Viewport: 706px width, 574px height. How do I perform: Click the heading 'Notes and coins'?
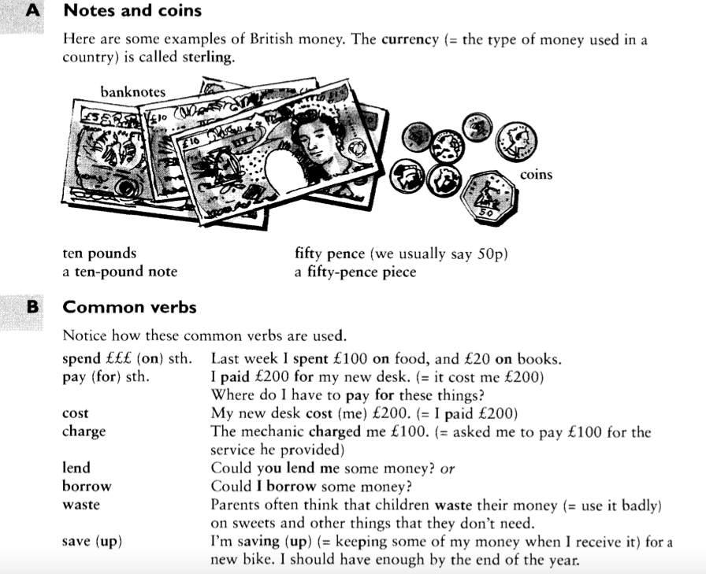tap(132, 11)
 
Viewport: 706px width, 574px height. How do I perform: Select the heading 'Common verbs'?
tap(129, 307)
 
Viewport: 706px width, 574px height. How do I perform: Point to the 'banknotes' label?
tap(132, 92)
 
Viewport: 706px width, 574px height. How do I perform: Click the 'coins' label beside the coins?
tap(536, 175)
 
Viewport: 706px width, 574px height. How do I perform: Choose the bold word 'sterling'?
tap(207, 58)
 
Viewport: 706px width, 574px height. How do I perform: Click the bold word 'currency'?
tap(409, 40)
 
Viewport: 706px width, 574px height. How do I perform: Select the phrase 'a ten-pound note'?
tap(120, 272)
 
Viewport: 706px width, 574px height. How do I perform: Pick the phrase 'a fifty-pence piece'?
tap(355, 272)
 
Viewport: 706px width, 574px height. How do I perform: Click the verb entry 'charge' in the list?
tap(84, 431)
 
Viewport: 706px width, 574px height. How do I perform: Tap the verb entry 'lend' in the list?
tap(76, 468)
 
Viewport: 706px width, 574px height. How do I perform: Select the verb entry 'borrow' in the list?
tap(87, 486)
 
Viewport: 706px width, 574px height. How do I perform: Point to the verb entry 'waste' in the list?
tap(81, 505)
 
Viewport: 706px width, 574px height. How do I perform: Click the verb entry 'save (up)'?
tap(92, 542)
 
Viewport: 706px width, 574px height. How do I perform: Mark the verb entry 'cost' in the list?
tap(76, 413)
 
